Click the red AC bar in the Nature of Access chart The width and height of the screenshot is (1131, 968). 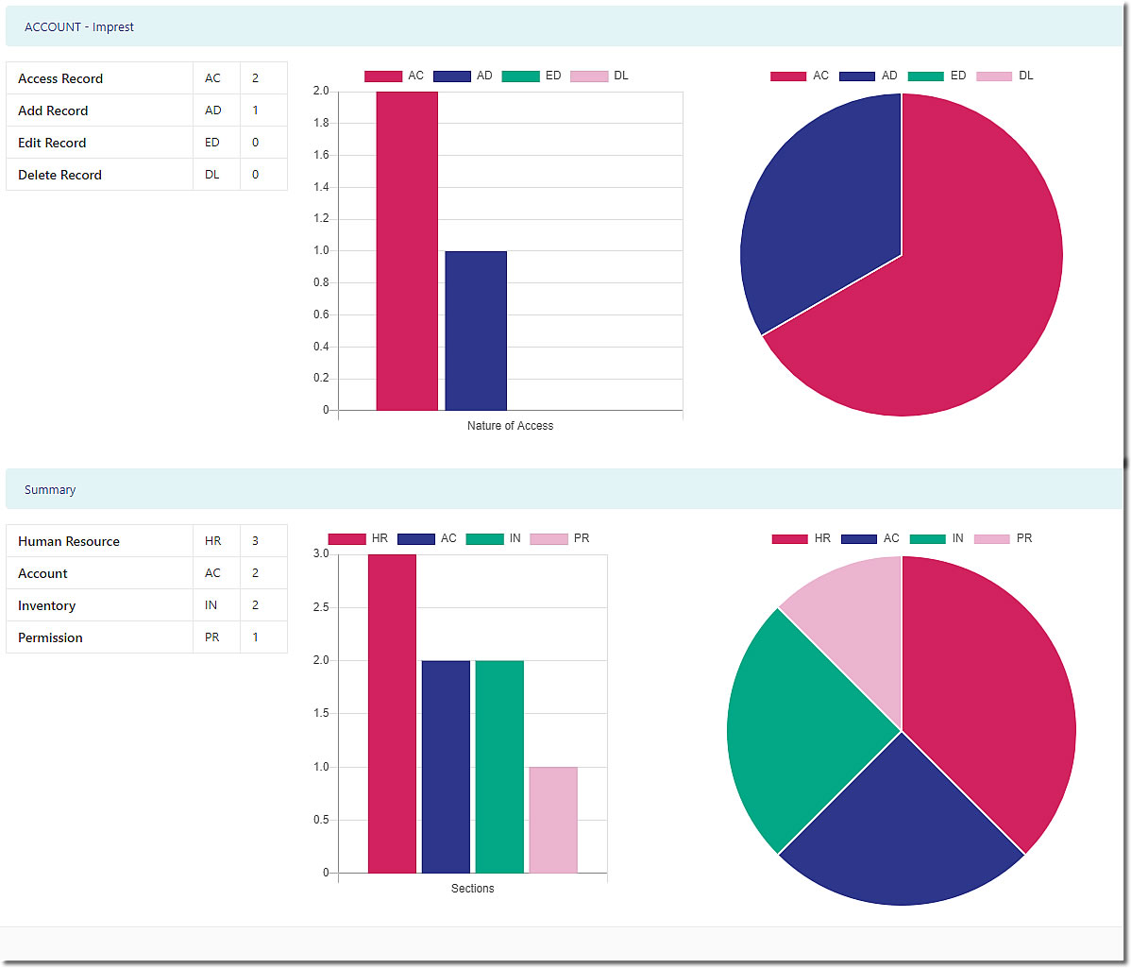click(407, 250)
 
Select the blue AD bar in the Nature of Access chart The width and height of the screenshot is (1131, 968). click(476, 331)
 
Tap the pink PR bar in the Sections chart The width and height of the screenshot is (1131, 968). click(553, 820)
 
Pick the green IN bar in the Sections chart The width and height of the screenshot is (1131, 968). click(499, 766)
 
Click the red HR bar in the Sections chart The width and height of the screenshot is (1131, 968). click(392, 713)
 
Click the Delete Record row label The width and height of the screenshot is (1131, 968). click(59, 175)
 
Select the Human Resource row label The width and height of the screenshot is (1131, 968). click(69, 541)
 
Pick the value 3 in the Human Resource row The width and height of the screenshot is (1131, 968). click(255, 541)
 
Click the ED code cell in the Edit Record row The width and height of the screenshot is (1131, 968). click(212, 143)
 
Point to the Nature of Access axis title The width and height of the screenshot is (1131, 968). click(510, 426)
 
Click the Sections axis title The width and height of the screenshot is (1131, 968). click(472, 889)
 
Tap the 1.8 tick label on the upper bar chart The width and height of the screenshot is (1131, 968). click(321, 123)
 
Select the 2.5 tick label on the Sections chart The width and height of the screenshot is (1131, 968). click(321, 607)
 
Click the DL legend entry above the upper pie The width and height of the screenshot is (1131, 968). click(1005, 76)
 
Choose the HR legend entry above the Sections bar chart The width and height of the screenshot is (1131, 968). click(359, 538)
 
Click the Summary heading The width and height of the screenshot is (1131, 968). click(50, 490)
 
